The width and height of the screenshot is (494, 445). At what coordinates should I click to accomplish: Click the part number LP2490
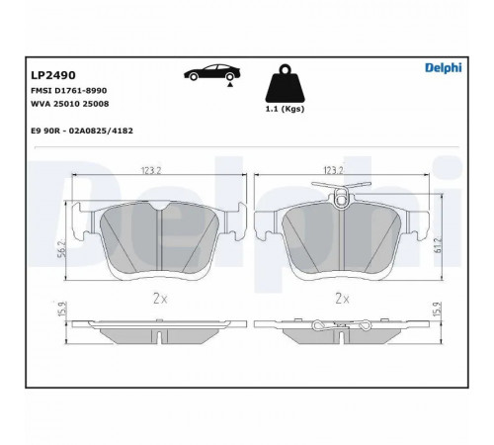pos(53,75)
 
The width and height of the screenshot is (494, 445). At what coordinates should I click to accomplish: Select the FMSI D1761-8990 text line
pos(68,90)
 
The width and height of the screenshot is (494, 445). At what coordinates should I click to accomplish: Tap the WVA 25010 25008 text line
pos(69,104)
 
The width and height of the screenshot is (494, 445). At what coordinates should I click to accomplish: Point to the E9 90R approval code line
pos(82,131)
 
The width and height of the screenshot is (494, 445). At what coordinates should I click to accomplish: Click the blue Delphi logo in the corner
pos(443,68)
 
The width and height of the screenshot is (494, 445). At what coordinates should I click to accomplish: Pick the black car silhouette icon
pos(212,72)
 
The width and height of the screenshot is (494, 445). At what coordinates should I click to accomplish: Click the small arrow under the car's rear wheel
pos(230,85)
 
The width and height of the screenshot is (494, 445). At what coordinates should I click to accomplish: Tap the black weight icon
pos(285,83)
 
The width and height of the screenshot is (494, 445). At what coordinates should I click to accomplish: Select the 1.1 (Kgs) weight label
pos(285,109)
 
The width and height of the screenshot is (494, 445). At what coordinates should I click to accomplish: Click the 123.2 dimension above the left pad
pos(151,170)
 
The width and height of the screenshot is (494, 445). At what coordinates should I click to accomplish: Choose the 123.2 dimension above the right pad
pos(334,170)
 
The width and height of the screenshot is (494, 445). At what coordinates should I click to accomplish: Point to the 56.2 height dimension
pos(63,248)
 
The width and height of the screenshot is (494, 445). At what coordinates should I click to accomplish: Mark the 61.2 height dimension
pos(439,244)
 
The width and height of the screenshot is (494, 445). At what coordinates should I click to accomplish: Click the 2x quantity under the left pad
pos(160,299)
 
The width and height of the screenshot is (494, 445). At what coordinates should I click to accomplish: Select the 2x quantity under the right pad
pos(343,299)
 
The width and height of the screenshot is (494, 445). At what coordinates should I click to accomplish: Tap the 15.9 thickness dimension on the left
pos(62,309)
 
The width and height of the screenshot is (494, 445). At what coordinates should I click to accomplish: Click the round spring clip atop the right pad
pos(342,200)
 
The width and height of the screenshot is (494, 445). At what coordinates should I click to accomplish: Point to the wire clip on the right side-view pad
pos(342,325)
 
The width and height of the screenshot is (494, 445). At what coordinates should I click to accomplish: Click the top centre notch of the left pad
pos(160,206)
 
